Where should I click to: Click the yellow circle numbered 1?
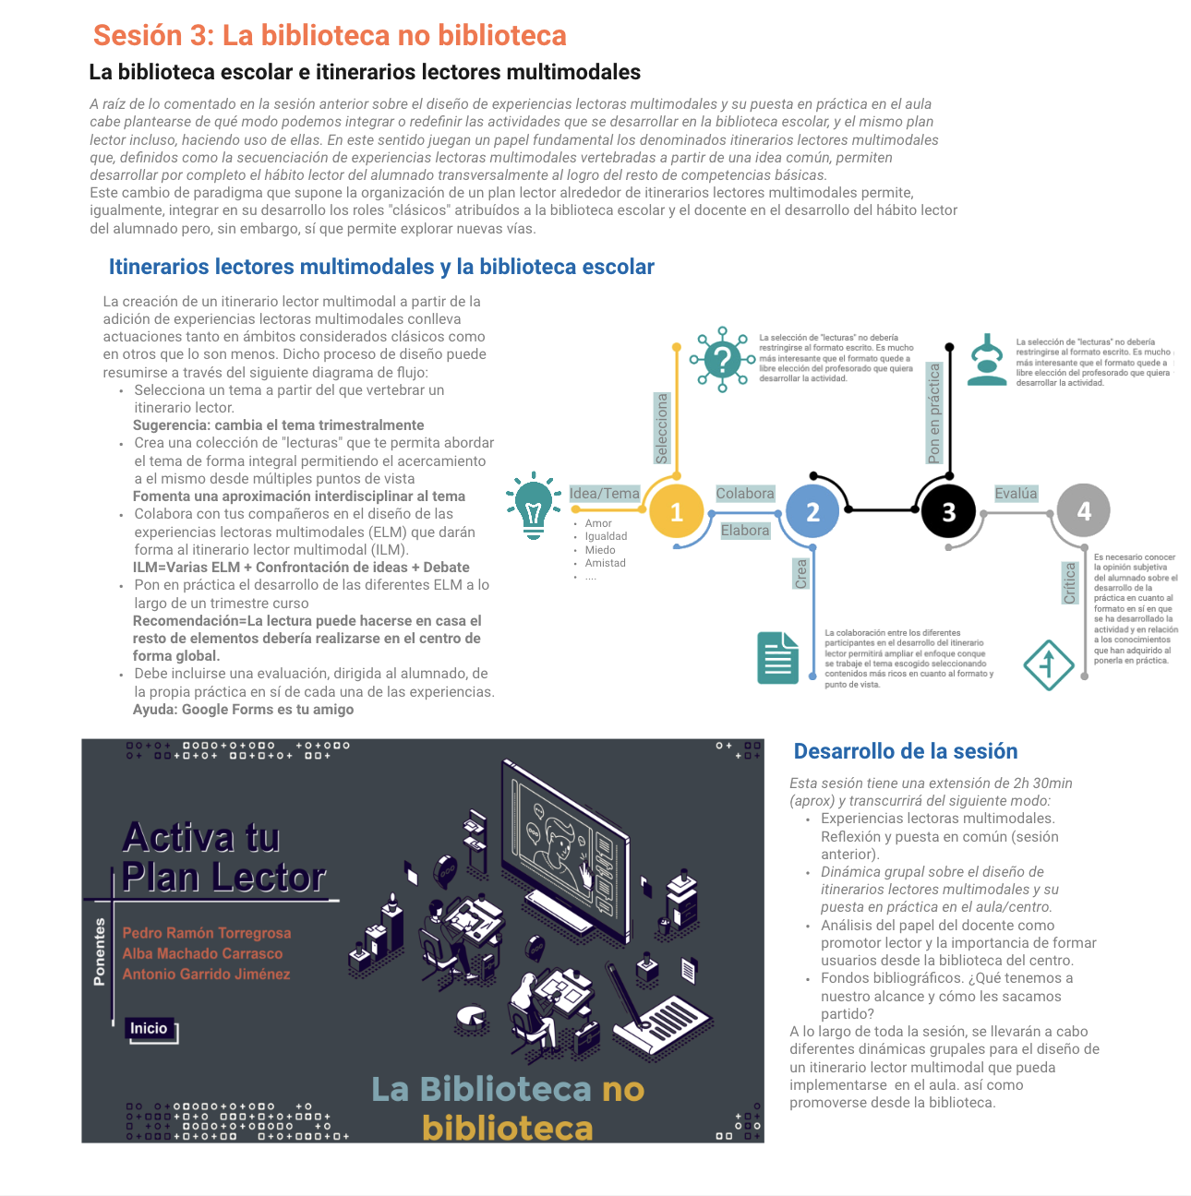tap(676, 511)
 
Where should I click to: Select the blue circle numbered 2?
tap(812, 511)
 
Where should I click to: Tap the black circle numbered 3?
tap(948, 511)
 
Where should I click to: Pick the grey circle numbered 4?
tap(1083, 510)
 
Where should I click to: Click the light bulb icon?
tap(534, 504)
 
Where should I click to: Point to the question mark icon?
tap(722, 359)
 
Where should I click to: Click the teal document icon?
tap(777, 658)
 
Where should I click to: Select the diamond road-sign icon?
tap(1048, 664)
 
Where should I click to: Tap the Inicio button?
tap(150, 1028)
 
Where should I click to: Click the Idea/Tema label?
tap(605, 494)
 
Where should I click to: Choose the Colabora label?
tap(745, 494)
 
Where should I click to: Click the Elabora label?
tap(745, 531)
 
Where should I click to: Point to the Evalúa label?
tap(1016, 494)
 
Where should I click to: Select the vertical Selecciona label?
tap(662, 428)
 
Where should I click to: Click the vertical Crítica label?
tap(1070, 583)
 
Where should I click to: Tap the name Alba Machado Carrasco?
tap(203, 953)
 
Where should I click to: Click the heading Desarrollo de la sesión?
tap(906, 751)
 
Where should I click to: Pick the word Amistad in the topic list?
tap(605, 563)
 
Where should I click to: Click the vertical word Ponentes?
tap(100, 952)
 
